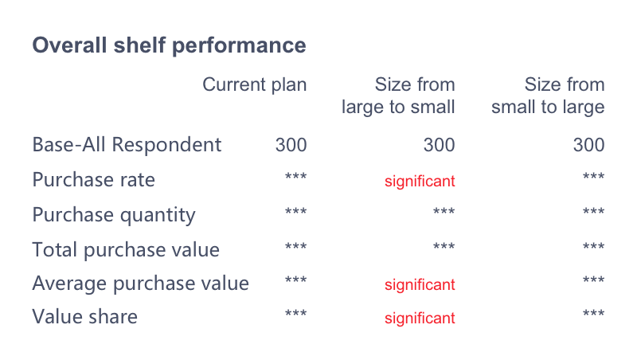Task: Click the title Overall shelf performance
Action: tap(169, 45)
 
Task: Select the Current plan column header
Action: tap(254, 85)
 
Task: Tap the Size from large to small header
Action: tap(398, 96)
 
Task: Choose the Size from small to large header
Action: tap(548, 96)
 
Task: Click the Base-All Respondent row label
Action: tap(127, 145)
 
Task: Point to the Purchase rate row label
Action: tap(93, 179)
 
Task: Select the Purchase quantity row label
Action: tap(114, 215)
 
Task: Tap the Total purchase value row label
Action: tap(126, 249)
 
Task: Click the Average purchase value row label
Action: tap(141, 284)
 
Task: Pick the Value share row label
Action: tap(85, 316)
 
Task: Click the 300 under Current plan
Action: tap(291, 145)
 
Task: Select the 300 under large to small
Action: tap(440, 145)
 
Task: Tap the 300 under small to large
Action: tap(589, 145)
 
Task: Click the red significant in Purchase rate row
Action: tap(420, 182)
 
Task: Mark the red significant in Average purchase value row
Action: tap(420, 285)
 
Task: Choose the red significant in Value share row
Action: tap(420, 318)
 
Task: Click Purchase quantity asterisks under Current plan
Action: tap(295, 211)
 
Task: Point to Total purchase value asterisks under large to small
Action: tap(444, 246)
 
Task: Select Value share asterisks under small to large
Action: tap(594, 313)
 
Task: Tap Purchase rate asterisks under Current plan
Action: tap(295, 176)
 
